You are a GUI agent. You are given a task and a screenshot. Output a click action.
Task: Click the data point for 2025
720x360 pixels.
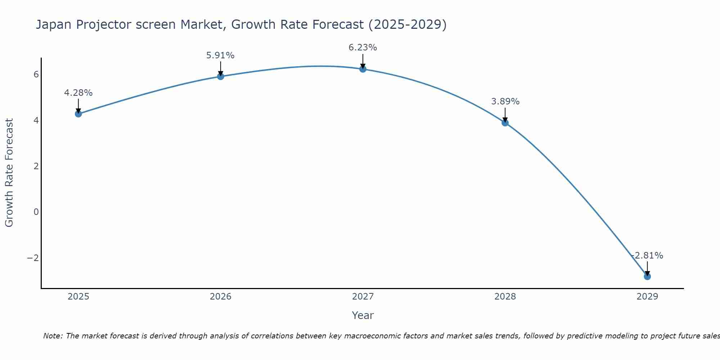click(78, 114)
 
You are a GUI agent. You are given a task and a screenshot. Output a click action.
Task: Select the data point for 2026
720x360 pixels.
click(221, 76)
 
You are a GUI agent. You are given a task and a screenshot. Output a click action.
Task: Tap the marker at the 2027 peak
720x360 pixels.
click(363, 69)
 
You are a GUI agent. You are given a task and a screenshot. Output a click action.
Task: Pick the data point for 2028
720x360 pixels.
click(505, 123)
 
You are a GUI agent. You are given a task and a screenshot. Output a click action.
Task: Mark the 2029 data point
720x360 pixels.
click(647, 276)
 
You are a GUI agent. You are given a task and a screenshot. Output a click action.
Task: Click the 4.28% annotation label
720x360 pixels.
click(78, 93)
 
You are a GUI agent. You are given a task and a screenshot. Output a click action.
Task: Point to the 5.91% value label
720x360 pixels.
click(220, 55)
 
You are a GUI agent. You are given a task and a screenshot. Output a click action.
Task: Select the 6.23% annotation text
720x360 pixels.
click(363, 48)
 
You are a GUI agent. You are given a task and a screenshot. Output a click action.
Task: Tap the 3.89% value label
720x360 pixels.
click(505, 102)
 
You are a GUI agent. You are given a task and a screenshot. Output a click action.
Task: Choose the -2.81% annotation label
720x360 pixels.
click(647, 256)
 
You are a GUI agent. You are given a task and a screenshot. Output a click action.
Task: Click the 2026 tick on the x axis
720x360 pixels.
click(221, 297)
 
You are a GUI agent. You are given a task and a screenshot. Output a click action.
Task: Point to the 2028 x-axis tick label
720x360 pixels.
click(505, 297)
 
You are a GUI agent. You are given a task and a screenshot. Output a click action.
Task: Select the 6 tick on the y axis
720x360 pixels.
click(36, 75)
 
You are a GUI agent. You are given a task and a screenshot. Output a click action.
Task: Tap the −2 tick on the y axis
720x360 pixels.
click(33, 258)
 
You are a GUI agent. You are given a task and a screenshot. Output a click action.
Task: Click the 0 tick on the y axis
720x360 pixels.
click(36, 212)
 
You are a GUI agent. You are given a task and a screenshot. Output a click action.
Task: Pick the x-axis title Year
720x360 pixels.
click(363, 315)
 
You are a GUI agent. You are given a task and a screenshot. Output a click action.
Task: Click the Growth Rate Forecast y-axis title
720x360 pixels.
click(9, 173)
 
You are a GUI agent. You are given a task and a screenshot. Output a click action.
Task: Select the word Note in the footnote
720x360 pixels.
click(53, 336)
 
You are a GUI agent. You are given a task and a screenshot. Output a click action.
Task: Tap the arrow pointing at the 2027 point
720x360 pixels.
click(363, 61)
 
